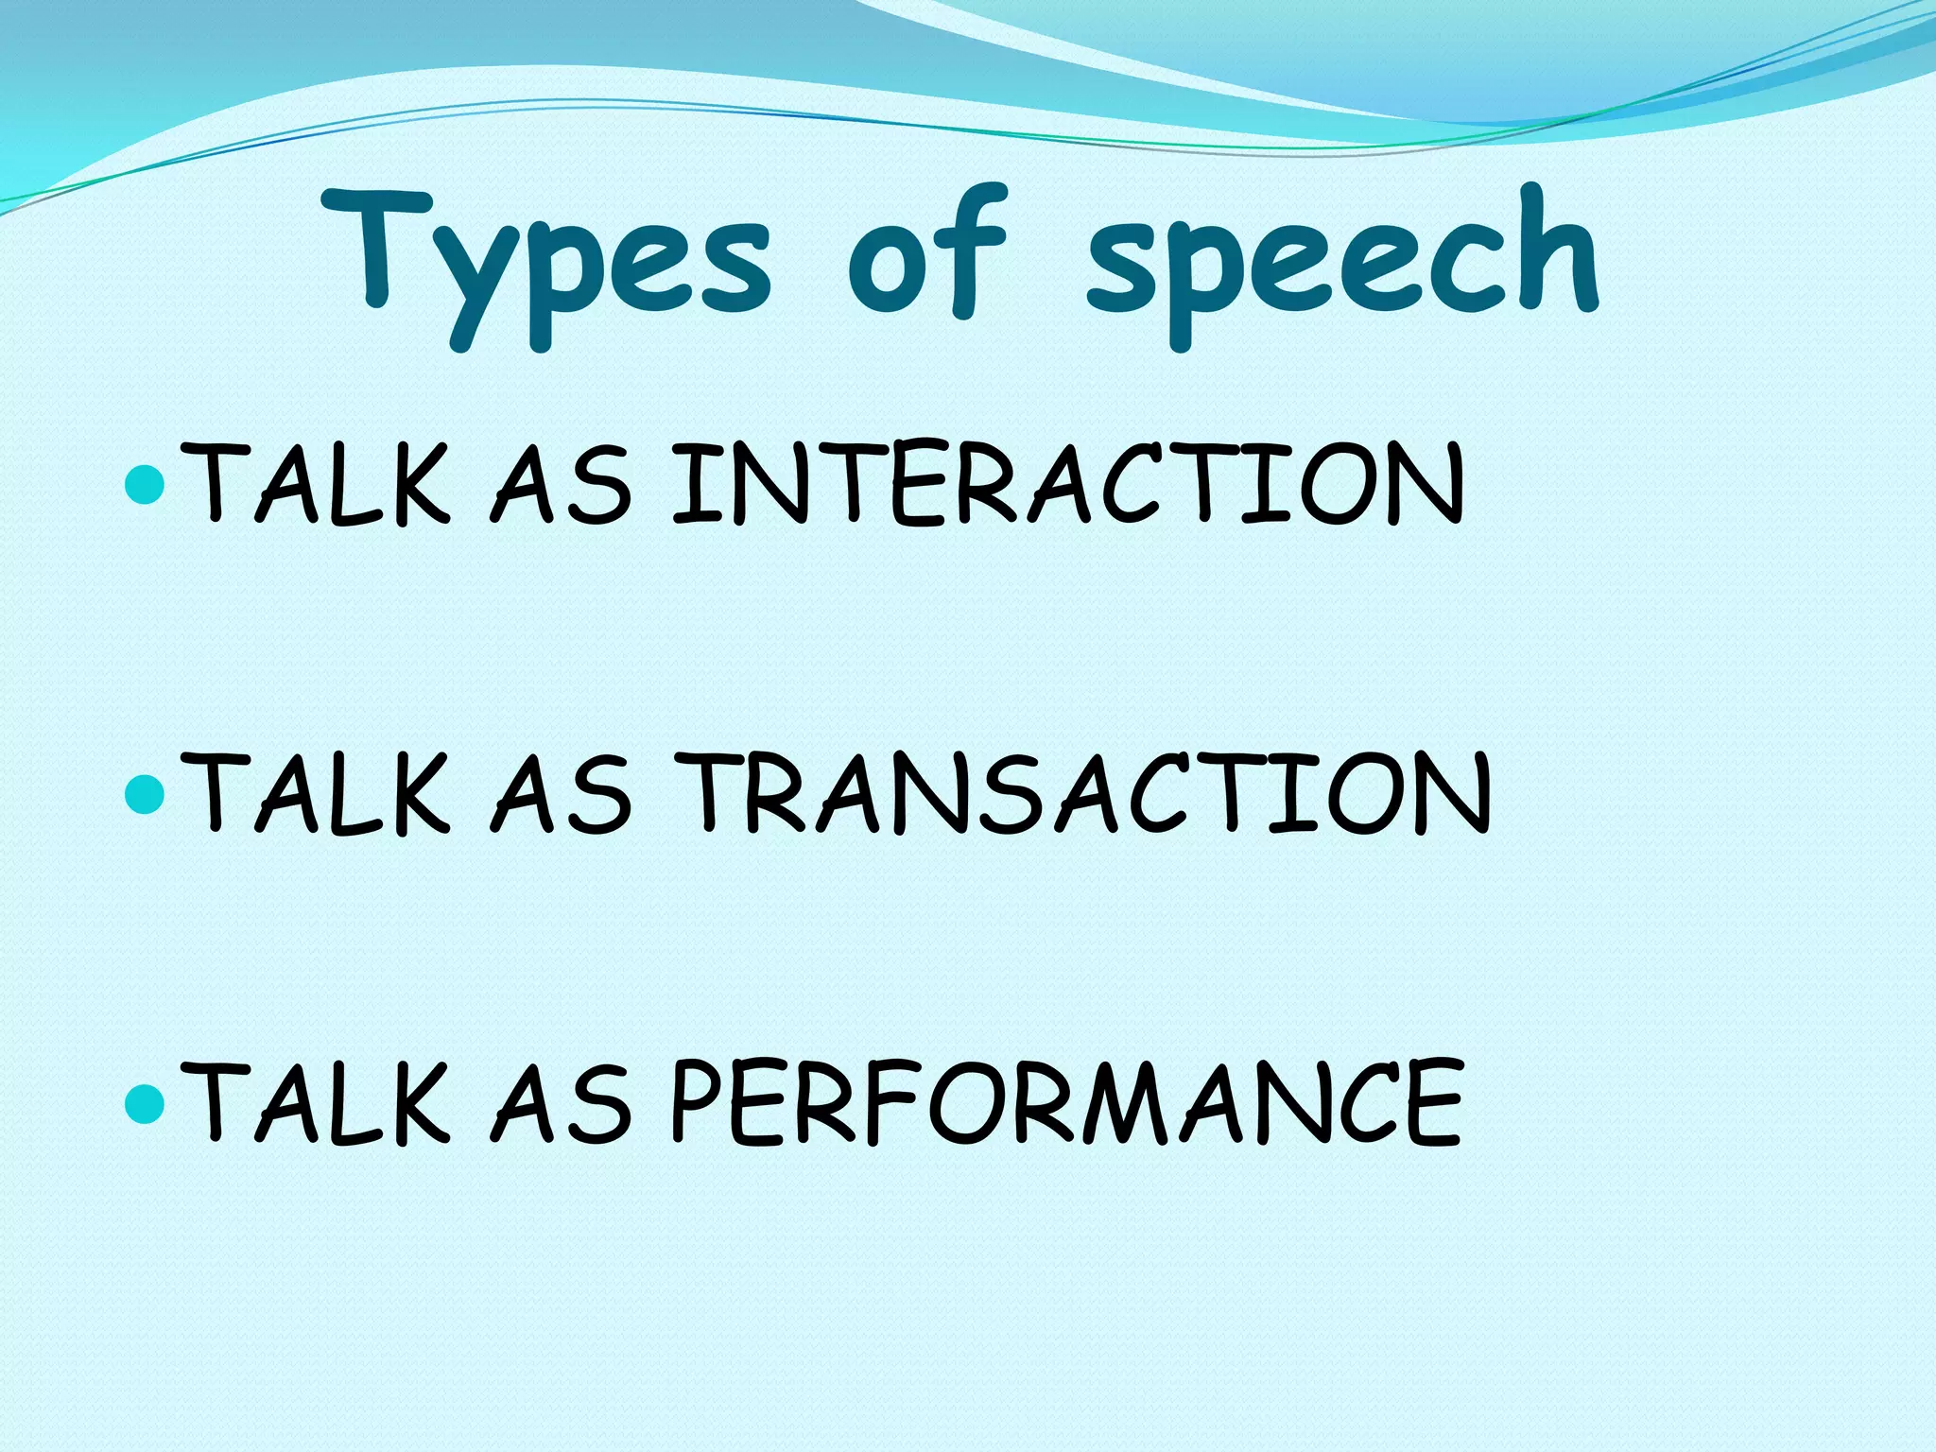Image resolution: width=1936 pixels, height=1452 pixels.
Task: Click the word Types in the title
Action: (x=548, y=260)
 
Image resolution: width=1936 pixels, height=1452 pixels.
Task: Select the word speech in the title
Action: (x=1342, y=260)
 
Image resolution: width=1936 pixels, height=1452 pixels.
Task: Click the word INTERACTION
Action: (x=1068, y=484)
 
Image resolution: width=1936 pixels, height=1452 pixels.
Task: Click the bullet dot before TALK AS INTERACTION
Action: (x=145, y=484)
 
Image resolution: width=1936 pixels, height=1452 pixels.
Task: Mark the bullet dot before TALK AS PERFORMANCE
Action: (x=145, y=1101)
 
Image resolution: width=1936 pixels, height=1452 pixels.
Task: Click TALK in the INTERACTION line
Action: (x=317, y=484)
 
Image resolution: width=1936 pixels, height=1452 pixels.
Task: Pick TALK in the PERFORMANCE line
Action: (x=317, y=1101)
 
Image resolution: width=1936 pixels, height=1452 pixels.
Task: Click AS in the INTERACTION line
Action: (x=561, y=484)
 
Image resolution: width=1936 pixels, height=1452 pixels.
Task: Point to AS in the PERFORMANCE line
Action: (x=561, y=1101)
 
